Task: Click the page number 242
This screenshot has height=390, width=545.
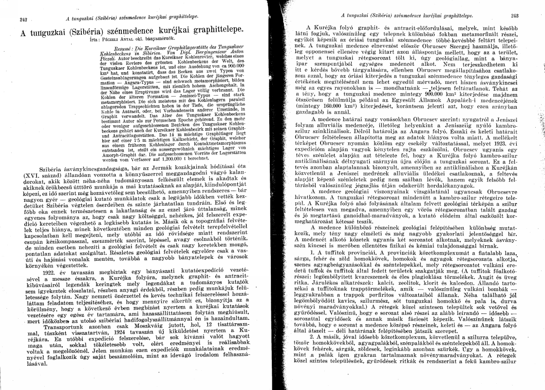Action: (x=23, y=19)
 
